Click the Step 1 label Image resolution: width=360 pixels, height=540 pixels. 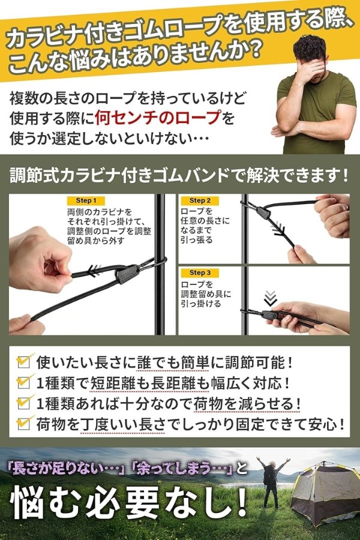click(86, 200)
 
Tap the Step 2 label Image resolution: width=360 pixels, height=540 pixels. click(200, 200)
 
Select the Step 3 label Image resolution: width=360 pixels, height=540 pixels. click(200, 273)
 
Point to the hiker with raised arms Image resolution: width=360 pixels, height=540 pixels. click(272, 481)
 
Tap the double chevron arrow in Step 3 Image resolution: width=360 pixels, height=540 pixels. click(270, 298)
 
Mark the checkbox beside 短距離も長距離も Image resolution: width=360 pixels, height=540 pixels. click(23, 382)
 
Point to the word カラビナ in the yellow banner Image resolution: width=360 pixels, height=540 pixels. click(45, 38)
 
